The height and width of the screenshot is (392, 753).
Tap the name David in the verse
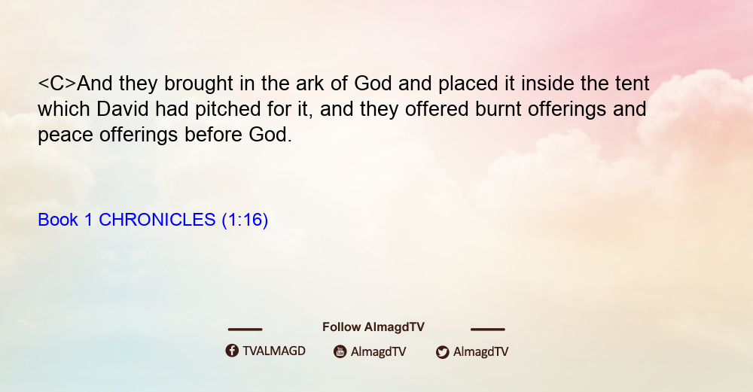point(123,109)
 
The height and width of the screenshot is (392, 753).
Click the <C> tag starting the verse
point(57,84)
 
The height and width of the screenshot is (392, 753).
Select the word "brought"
point(199,84)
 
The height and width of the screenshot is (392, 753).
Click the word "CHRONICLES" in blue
point(157,220)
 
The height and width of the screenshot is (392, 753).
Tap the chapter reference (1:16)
point(245,220)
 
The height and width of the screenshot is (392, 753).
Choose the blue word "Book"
point(58,220)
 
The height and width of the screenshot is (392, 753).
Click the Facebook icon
point(232,351)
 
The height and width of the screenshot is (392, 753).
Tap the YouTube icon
point(340,351)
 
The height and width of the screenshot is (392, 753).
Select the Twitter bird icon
point(442,352)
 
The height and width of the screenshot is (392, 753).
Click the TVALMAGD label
point(274,351)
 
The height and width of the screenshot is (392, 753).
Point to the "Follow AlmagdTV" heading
point(373,327)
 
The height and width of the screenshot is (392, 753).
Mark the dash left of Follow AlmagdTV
point(245,330)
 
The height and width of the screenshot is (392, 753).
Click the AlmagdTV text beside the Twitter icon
point(480,351)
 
